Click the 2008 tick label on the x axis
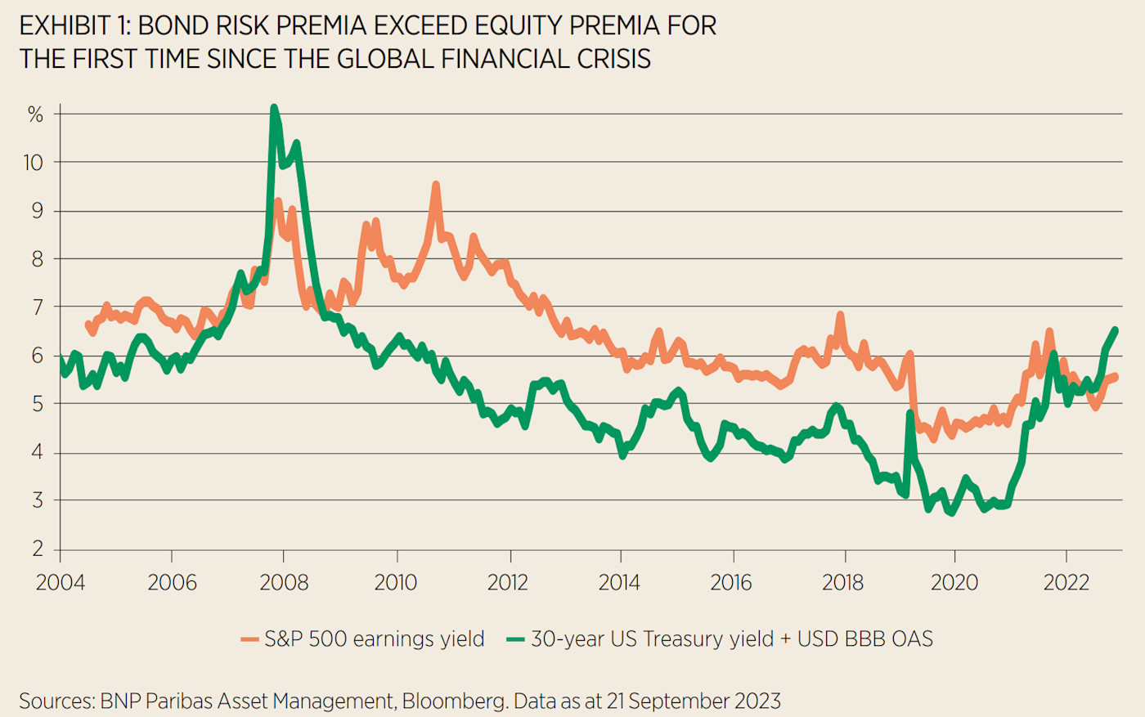click(284, 582)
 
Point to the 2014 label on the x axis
click(619, 582)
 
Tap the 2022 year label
click(1066, 582)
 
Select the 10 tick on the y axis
click(33, 163)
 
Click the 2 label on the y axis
click(38, 549)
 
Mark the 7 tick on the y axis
click(38, 307)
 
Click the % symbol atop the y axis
click(35, 114)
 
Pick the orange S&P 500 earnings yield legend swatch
click(249, 639)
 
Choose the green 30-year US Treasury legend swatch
click(515, 639)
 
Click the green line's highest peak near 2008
click(274, 107)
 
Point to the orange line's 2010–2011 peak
click(436, 186)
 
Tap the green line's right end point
click(1115, 329)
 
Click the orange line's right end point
click(1115, 376)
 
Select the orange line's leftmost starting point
click(88, 325)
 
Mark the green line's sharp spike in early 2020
click(909, 414)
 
